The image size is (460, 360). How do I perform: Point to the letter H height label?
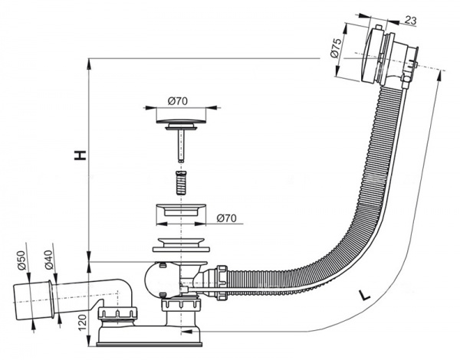(78, 155)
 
